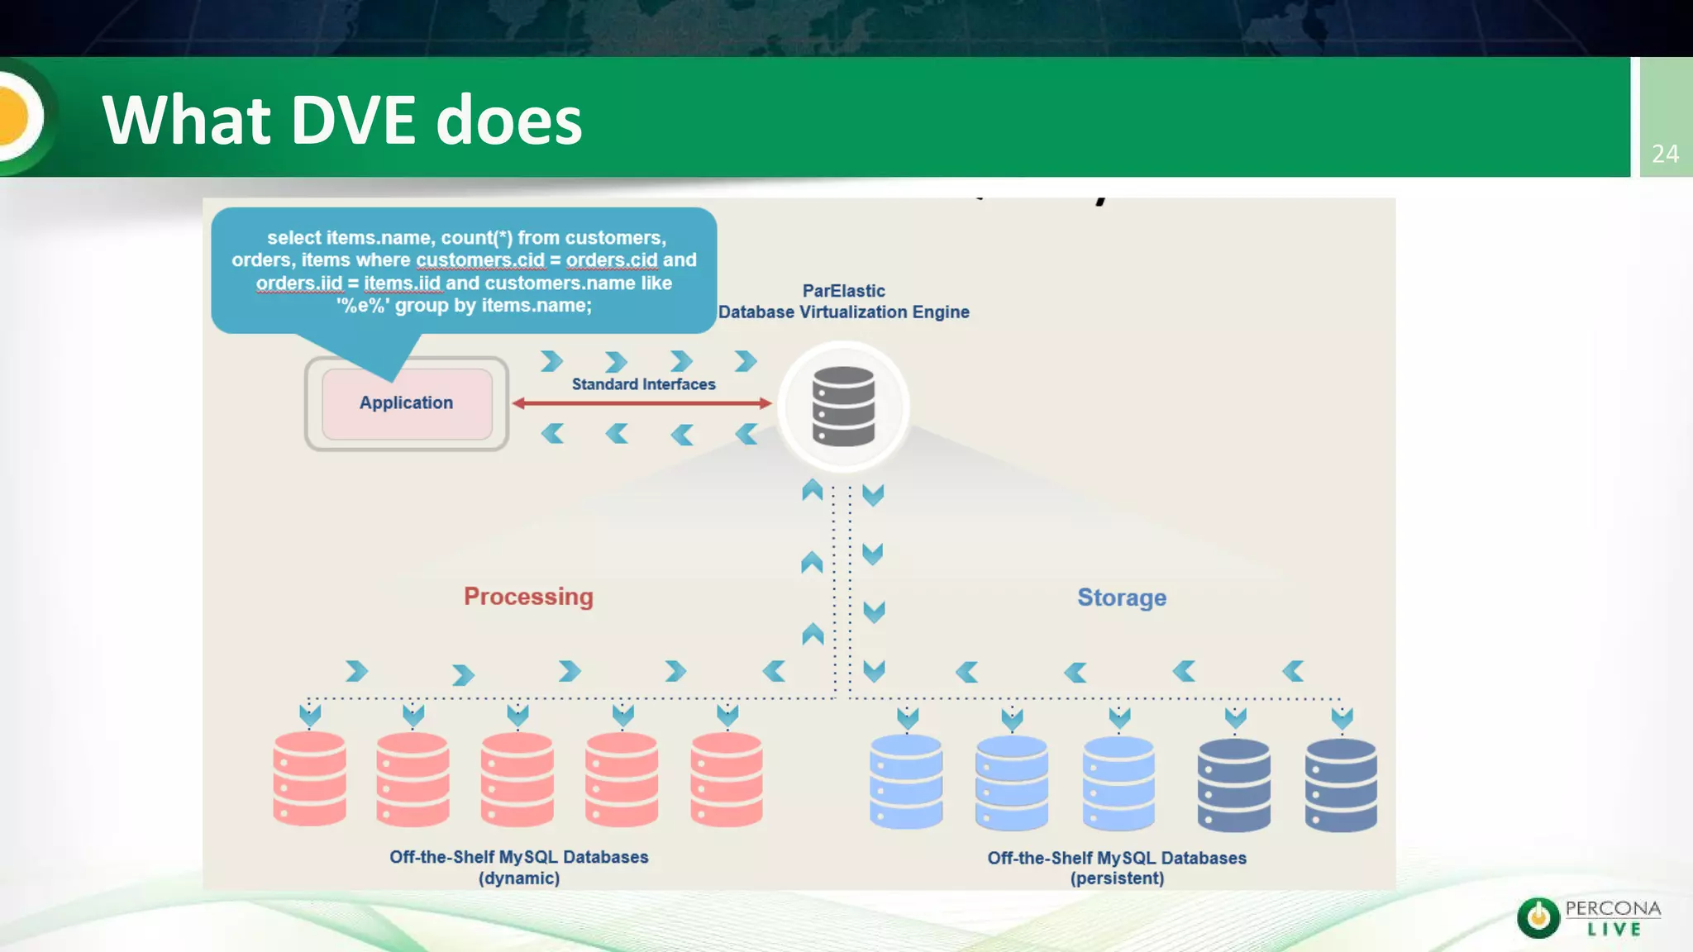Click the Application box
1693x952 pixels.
pyautogui.click(x=406, y=403)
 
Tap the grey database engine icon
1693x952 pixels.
pyautogui.click(x=843, y=407)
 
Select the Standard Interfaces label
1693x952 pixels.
pyautogui.click(x=643, y=384)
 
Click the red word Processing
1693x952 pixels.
pyautogui.click(x=528, y=597)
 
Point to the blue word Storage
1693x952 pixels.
pyautogui.click(x=1122, y=597)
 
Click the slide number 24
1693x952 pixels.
pyautogui.click(x=1665, y=154)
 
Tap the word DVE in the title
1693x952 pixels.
pyautogui.click(x=353, y=121)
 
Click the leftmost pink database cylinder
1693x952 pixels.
pyautogui.click(x=309, y=778)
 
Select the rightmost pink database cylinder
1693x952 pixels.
pyautogui.click(x=727, y=779)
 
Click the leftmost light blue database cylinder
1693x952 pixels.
pyautogui.click(x=906, y=781)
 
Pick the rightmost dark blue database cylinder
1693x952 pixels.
pyautogui.click(x=1341, y=784)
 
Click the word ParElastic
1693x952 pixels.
pyautogui.click(x=843, y=291)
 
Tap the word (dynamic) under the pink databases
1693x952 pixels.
pyautogui.click(x=519, y=878)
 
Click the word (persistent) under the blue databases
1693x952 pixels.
pyautogui.click(x=1117, y=878)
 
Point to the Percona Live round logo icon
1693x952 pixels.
pyautogui.click(x=1538, y=917)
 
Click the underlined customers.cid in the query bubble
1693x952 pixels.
pyautogui.click(x=480, y=260)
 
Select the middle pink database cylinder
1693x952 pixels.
pyautogui.click(x=517, y=779)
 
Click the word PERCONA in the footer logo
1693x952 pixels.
pyautogui.click(x=1612, y=908)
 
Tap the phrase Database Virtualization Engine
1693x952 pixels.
pyautogui.click(x=843, y=312)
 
